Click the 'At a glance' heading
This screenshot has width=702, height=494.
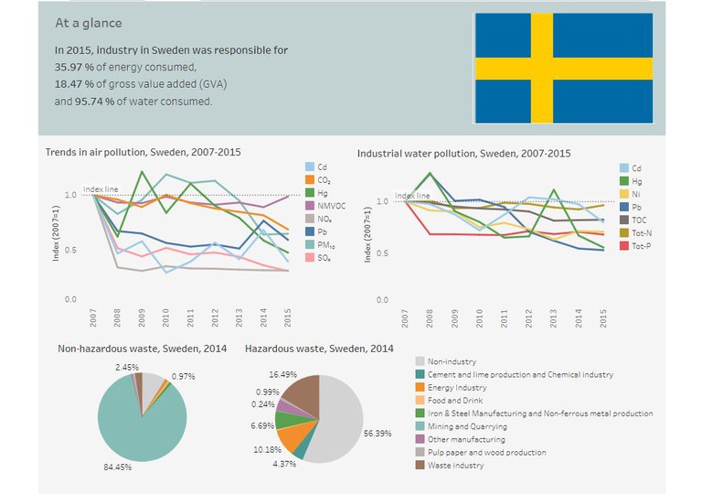pos(88,23)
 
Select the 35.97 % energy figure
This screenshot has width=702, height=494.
pos(74,68)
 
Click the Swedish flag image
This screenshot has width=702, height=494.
pos(564,68)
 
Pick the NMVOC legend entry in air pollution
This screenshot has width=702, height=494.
pos(325,206)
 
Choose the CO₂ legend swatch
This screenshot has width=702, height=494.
pos(310,179)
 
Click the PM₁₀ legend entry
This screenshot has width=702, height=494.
pos(321,245)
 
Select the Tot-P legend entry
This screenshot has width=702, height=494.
pos(636,246)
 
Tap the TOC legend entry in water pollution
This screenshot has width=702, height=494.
pos(633,220)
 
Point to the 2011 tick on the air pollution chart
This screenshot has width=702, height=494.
pos(190,317)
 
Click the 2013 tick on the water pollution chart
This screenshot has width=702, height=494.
pos(553,317)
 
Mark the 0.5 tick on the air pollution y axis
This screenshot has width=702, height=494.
pos(70,250)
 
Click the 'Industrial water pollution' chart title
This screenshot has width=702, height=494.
pos(463,154)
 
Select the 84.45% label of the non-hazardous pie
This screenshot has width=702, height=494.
pos(118,467)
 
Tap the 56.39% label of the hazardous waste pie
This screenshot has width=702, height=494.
pos(378,434)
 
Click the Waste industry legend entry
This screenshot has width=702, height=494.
pos(450,466)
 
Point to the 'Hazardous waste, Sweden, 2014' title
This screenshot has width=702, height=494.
pos(319,349)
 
